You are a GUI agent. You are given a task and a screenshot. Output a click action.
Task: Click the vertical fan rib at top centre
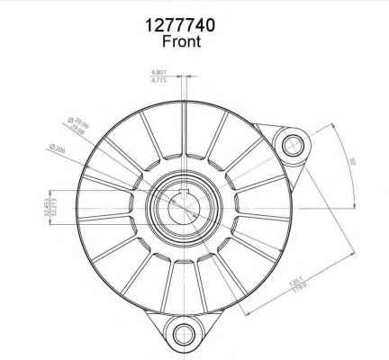point(185,135)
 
